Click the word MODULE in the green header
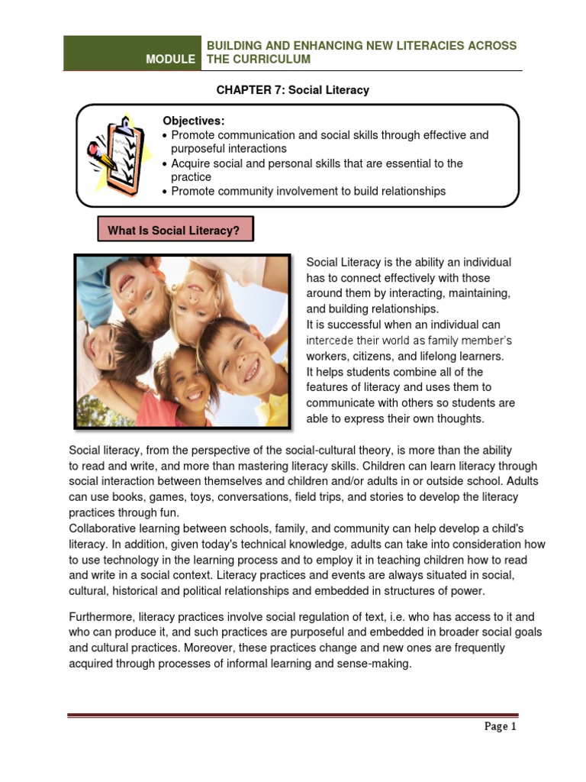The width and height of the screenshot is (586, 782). [x=171, y=60]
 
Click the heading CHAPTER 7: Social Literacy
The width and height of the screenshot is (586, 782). [x=292, y=90]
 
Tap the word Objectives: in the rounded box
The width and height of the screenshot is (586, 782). [x=194, y=121]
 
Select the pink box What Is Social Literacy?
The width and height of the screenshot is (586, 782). [x=175, y=229]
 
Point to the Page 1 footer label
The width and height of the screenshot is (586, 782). [x=501, y=726]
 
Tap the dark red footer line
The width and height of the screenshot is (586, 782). [x=293, y=716]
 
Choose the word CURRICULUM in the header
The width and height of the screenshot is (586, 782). [x=272, y=60]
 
